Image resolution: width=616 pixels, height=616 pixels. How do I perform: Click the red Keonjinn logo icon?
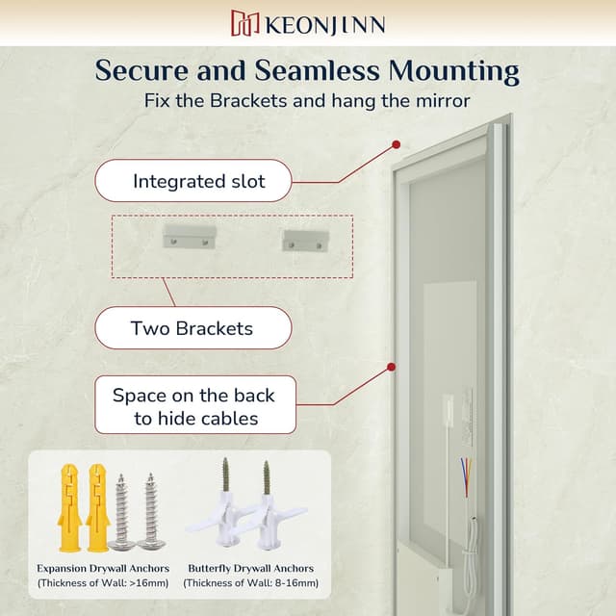coord(244,23)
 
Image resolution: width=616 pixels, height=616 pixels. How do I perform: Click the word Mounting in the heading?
coord(453,71)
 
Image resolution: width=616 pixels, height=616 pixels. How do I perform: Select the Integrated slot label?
coord(193,181)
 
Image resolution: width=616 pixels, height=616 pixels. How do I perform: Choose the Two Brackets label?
coord(193,328)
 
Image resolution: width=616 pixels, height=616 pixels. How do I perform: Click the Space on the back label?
coord(195,404)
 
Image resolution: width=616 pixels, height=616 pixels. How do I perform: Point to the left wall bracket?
coord(190,236)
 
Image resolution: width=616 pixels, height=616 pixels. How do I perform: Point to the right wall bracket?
coord(305,241)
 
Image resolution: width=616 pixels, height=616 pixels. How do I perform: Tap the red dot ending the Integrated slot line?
coord(397,144)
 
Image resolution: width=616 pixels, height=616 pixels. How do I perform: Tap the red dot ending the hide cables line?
coord(391,367)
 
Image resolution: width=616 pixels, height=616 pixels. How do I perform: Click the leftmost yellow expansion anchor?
coord(69,508)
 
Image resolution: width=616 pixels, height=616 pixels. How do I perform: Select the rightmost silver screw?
coord(151,512)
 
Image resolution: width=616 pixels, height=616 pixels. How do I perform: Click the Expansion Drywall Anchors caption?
coord(103,569)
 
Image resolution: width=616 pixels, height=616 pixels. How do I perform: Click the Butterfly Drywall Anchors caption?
coord(250,569)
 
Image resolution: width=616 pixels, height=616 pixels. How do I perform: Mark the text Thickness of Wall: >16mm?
coord(103,583)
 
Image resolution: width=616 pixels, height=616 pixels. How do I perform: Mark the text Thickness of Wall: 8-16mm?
coord(250,583)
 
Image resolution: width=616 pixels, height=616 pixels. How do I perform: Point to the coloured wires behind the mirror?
coord(467,476)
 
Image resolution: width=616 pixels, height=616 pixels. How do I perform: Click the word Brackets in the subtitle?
coord(248,100)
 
